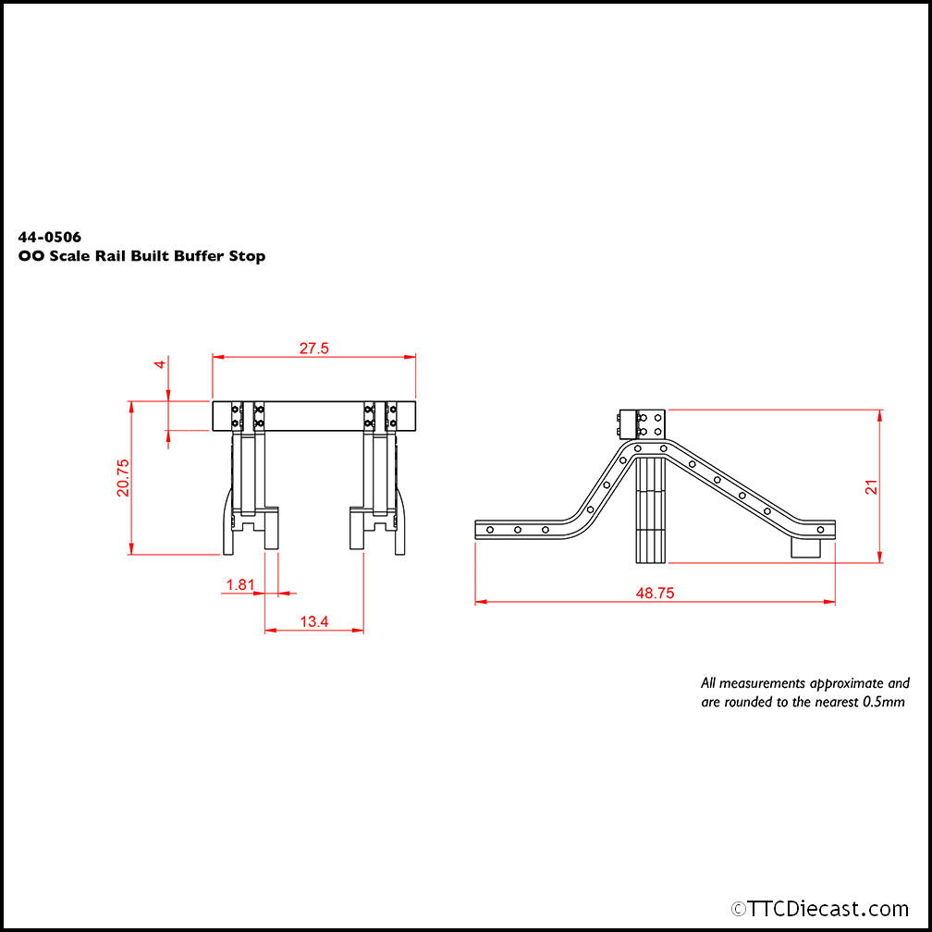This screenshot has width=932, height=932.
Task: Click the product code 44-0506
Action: (50, 238)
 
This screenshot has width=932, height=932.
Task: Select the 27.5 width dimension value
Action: (314, 349)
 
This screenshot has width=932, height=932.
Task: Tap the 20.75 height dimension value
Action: (123, 478)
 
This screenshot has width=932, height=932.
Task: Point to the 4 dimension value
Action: (160, 364)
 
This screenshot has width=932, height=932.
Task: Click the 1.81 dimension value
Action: (239, 584)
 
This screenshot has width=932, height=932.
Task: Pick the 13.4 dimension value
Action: (314, 622)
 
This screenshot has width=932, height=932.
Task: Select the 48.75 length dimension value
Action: (655, 594)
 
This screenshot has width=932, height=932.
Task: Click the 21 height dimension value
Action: (870, 486)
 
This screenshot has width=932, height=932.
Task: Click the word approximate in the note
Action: (846, 683)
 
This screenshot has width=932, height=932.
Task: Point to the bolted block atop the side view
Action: (642, 423)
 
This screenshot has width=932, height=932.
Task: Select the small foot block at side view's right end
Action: (807, 548)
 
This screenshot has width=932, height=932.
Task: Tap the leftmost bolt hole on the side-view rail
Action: (489, 529)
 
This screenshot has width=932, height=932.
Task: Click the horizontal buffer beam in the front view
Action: (313, 415)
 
